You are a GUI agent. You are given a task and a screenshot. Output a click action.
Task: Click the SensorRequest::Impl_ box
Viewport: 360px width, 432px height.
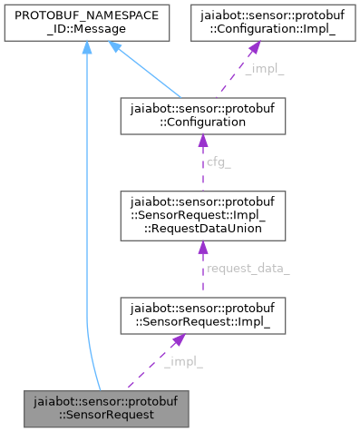[x=201, y=315]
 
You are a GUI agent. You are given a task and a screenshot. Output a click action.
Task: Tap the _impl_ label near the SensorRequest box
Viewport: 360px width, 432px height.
[x=183, y=362]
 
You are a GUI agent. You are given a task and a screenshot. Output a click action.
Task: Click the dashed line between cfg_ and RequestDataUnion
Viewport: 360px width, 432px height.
[x=201, y=180]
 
